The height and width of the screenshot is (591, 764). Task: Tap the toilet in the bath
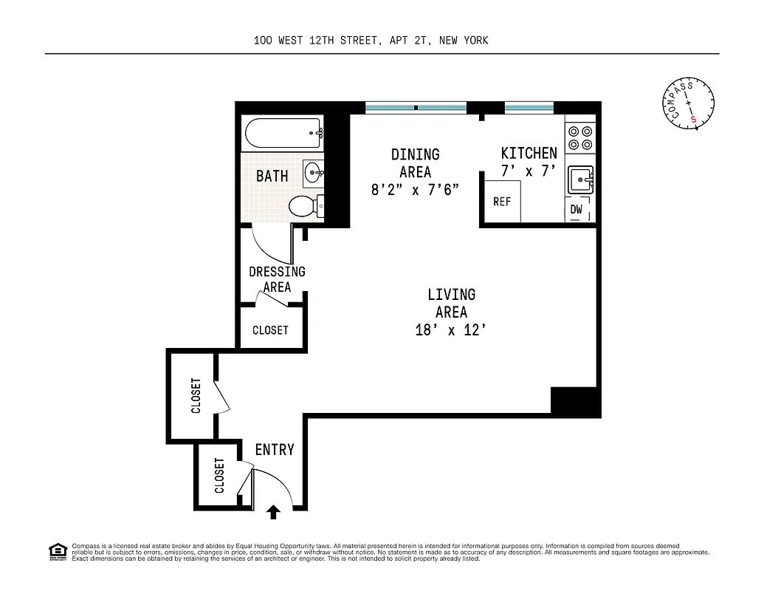tap(304, 206)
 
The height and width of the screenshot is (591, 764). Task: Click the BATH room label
tap(272, 177)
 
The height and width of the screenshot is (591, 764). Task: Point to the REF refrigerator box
tap(501, 202)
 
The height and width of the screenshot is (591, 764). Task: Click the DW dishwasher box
tap(577, 210)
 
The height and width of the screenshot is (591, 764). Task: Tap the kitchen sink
tap(579, 179)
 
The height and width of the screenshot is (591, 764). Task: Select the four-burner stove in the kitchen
tap(579, 137)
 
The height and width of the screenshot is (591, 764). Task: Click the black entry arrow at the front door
tap(274, 511)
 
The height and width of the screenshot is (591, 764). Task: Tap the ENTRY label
tap(275, 449)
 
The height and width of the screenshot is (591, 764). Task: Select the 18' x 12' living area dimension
tap(451, 330)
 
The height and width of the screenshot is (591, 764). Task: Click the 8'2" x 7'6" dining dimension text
tap(415, 190)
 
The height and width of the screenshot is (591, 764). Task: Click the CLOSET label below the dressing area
tap(270, 330)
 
